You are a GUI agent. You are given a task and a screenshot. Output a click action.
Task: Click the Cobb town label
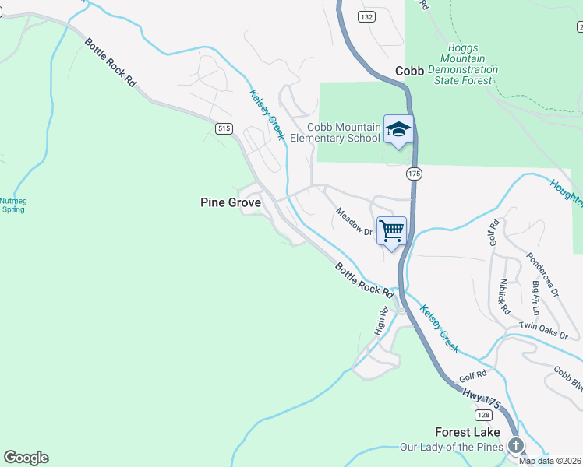point(409,71)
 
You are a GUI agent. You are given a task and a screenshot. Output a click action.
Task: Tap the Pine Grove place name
point(230,202)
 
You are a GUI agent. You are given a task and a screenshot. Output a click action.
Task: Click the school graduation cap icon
point(398,129)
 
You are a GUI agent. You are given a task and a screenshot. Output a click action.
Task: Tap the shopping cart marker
point(391,230)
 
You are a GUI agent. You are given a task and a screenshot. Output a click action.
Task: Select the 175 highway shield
point(414,174)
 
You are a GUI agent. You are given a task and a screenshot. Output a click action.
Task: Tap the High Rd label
point(382,323)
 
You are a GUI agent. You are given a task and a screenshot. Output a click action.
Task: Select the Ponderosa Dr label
point(542,274)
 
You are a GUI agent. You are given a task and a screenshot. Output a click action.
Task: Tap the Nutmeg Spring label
point(13,204)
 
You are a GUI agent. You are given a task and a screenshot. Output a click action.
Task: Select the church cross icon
point(515,446)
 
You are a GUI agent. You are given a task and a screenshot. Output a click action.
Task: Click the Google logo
point(26,458)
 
